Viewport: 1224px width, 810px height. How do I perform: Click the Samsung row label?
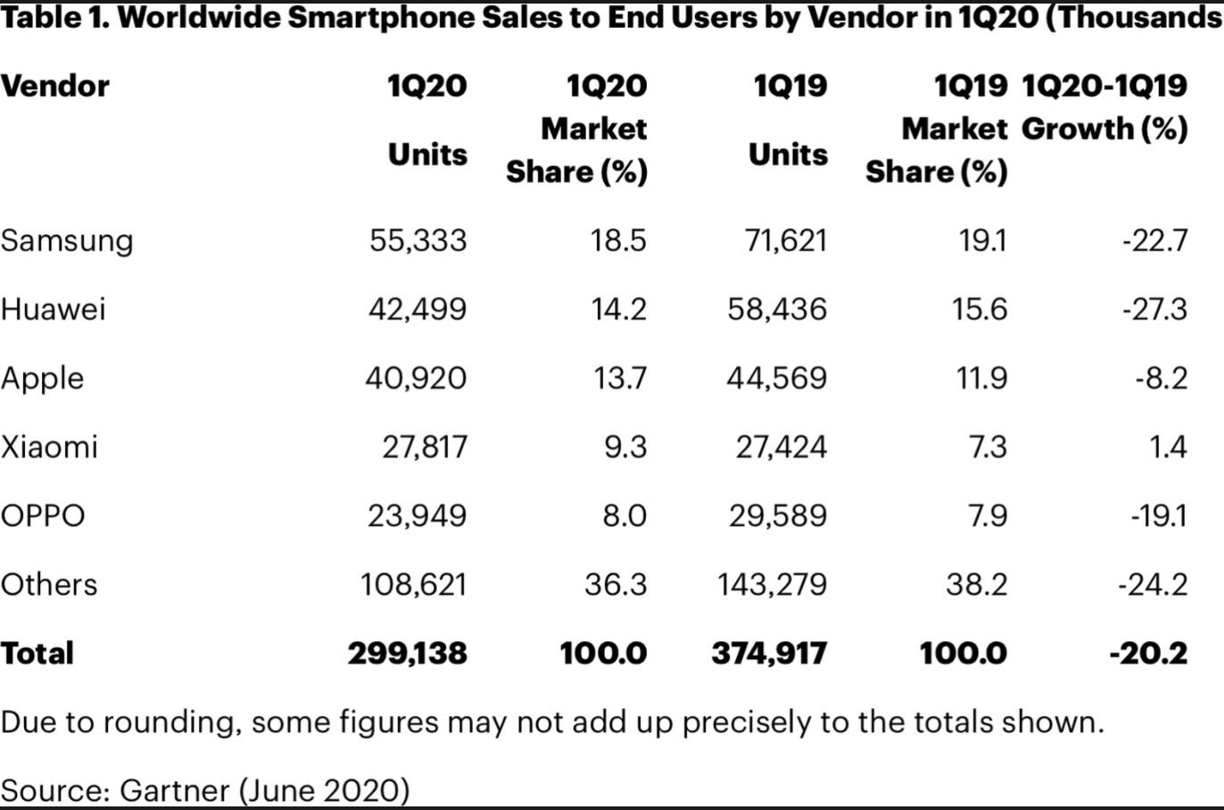pos(67,241)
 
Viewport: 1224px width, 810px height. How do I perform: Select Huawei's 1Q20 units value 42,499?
pos(418,310)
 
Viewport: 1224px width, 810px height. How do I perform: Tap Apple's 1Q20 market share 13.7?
pos(620,378)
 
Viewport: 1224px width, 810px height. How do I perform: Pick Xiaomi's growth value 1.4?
pos(1168,446)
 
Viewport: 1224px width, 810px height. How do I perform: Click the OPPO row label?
pos(43,516)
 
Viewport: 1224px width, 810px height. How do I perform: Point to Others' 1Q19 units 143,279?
pos(773,584)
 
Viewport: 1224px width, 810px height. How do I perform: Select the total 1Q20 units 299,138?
pos(408,653)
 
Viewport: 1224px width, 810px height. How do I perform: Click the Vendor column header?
pos(55,87)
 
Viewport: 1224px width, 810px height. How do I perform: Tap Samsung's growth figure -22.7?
pos(1155,241)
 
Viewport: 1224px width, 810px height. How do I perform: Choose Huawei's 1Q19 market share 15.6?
pos(979,310)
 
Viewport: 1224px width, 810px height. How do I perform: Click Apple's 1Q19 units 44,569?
pos(777,378)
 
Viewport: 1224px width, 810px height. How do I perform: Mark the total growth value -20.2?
pos(1149,653)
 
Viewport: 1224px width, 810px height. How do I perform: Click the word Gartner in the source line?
pos(175,790)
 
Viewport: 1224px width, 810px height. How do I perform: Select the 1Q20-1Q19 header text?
pos(1104,87)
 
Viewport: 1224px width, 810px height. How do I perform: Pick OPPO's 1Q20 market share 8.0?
pos(624,516)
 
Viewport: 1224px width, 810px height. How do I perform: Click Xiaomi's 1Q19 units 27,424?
pos(782,446)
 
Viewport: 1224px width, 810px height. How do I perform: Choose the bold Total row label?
pos(37,653)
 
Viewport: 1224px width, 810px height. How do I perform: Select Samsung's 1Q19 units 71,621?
pos(786,241)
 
